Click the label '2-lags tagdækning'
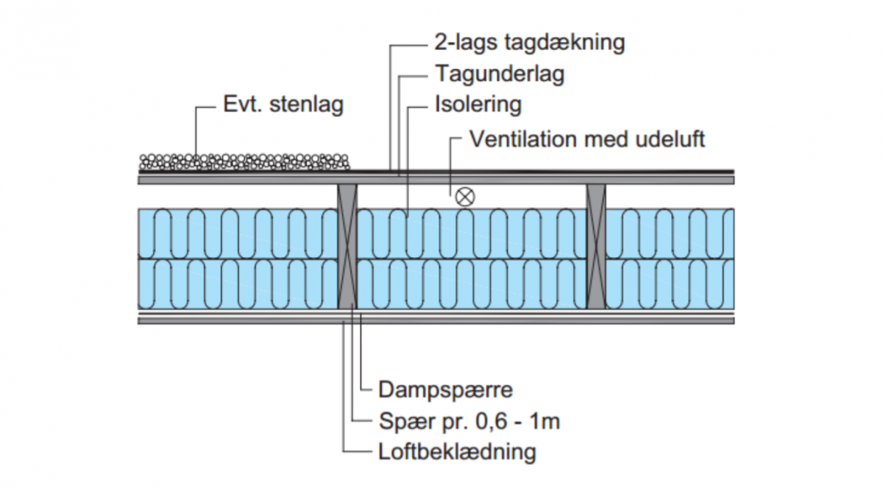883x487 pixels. pos(529,43)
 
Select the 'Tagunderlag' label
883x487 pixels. pos(500,74)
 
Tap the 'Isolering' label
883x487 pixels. pos(478,105)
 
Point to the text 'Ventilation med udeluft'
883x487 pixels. pos(586,139)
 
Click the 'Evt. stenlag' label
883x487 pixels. pos(283,105)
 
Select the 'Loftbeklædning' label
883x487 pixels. pos(457,451)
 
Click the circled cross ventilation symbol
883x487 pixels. pos(464,196)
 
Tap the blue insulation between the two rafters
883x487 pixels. pos(472,258)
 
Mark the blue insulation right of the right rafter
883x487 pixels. pos(670,258)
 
